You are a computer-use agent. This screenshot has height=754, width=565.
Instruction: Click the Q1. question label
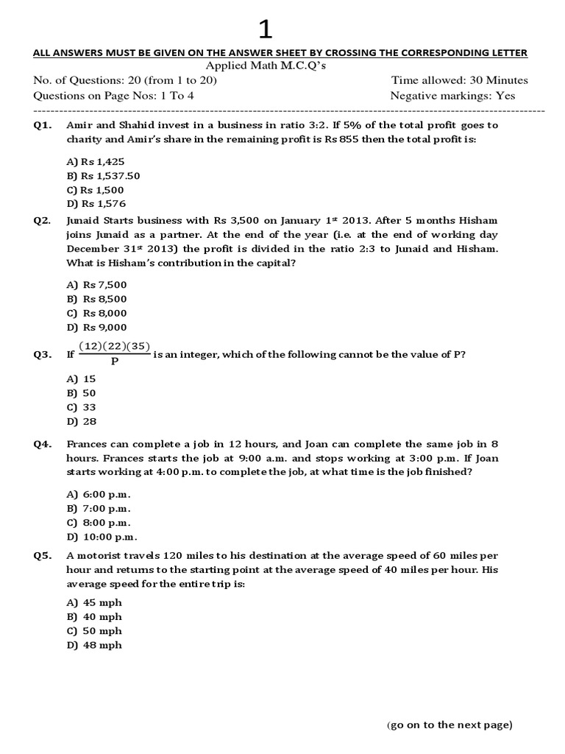coord(43,126)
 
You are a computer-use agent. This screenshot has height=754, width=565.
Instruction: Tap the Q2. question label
coord(43,221)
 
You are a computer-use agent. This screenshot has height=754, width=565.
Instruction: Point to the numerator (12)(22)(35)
coord(114,347)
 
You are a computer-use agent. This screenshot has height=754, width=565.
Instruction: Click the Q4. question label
coord(43,445)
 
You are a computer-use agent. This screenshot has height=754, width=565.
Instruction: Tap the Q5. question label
coord(43,557)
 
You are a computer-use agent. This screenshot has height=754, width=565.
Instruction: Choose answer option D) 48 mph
coord(94,646)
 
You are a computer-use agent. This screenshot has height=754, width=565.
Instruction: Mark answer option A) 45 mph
coord(94,603)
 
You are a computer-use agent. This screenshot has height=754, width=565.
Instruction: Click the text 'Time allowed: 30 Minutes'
coord(459,80)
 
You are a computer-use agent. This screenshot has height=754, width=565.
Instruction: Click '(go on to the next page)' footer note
coord(449,725)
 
